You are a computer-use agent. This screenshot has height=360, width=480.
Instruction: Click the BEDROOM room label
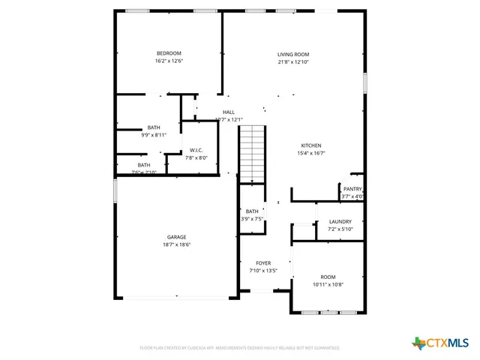click(169, 53)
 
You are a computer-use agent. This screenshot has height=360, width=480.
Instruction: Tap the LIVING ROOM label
click(293, 54)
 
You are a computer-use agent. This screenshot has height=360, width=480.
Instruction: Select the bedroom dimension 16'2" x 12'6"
click(169, 61)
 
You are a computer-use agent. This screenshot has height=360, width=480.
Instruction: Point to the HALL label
click(228, 112)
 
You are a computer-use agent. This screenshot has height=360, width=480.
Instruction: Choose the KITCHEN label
click(311, 145)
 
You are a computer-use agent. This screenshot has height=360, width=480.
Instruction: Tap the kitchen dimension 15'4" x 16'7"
click(311, 153)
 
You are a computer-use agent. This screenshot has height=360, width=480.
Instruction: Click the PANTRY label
click(352, 189)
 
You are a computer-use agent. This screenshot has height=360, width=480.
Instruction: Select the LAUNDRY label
click(340, 221)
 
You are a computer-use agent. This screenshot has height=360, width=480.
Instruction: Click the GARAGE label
click(176, 236)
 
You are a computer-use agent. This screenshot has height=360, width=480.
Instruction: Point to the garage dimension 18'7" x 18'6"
click(176, 244)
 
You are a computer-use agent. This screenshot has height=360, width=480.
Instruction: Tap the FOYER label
click(263, 262)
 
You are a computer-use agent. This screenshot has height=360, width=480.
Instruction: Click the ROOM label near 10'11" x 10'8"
click(328, 277)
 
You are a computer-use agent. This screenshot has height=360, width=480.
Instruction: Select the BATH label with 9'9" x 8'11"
click(154, 127)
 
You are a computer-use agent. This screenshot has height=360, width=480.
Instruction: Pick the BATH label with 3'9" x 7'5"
click(252, 211)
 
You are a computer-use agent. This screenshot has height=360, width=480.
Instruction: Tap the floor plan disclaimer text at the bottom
click(240, 348)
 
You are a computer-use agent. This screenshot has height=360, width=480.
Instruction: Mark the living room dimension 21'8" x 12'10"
click(293, 62)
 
